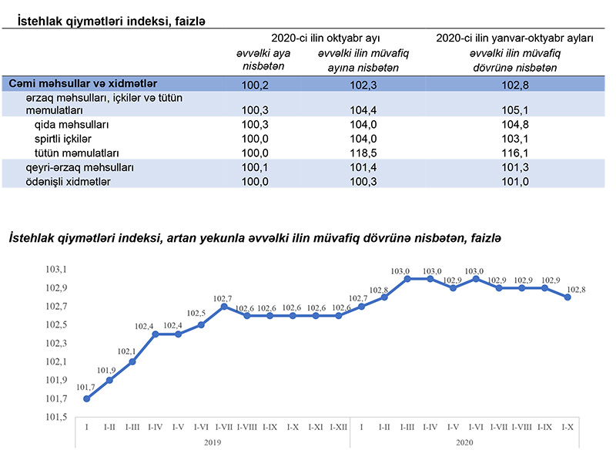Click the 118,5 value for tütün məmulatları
(352, 153)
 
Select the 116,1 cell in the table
(514, 153)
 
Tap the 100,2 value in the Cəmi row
(255, 83)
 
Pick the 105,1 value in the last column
(514, 111)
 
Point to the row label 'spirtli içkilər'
(63, 139)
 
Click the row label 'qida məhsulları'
(72, 125)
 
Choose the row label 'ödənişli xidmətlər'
(68, 181)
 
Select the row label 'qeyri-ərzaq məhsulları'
(80, 167)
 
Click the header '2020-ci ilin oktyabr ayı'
(326, 37)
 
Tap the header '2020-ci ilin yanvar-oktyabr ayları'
(514, 37)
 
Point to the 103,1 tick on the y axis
(57, 270)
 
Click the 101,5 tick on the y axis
(57, 417)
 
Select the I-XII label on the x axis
(338, 426)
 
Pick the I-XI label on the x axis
(316, 426)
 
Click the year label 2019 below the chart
(213, 442)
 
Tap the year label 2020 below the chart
(464, 442)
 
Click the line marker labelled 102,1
(132, 361)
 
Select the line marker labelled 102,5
(201, 324)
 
